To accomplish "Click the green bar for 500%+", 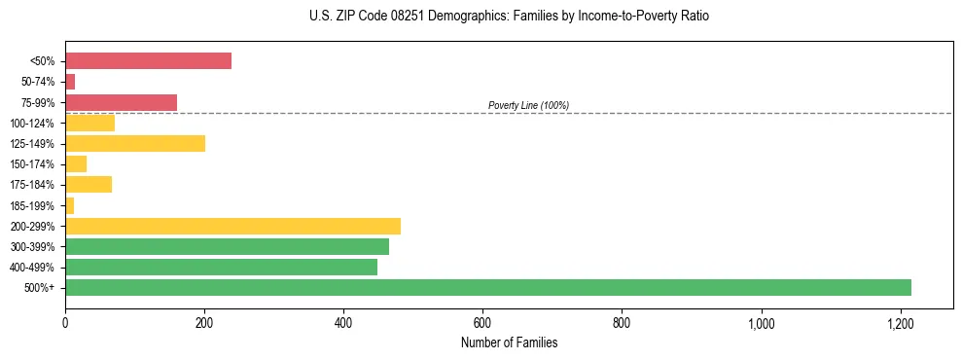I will tap(487, 288).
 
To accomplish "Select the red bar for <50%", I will tap(148, 61).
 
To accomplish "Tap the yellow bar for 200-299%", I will tap(232, 227).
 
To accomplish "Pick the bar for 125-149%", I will tap(135, 144).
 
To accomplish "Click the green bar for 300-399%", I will tap(227, 247).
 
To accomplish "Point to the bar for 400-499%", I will tap(221, 268).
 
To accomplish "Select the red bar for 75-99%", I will tap(121, 102).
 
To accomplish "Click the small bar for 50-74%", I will tap(70, 82).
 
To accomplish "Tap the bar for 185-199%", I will tap(69, 205).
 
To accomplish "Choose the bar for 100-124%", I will tap(89, 124).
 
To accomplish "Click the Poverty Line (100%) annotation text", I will tap(528, 105).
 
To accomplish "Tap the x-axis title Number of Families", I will tap(509, 342).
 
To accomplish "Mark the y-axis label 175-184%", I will tap(33, 185).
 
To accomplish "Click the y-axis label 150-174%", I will tap(33, 164).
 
